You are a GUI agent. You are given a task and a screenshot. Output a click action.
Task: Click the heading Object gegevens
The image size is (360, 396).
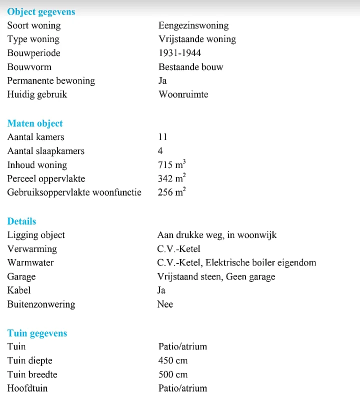(41, 11)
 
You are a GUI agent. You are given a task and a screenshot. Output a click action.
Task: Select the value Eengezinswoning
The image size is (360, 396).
(193, 25)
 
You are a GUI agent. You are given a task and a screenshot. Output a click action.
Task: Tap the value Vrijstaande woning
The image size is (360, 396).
(197, 39)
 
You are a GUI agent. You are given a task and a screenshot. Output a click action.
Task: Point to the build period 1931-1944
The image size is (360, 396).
(179, 53)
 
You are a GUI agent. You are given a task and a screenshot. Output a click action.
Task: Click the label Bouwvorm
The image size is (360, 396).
(29, 67)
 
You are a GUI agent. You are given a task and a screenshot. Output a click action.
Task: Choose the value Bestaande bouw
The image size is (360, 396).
(190, 67)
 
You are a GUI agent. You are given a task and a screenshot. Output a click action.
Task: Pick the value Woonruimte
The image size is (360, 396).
(183, 94)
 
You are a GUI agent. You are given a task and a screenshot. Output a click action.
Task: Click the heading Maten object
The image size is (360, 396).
(35, 123)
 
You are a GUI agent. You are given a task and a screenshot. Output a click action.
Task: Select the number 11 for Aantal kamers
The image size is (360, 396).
(162, 137)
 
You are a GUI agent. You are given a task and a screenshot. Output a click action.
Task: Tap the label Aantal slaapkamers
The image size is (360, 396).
(46, 151)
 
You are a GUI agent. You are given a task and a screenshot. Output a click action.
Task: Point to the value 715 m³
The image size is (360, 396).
(172, 164)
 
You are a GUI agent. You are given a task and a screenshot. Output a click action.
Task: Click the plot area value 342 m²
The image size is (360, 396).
(172, 178)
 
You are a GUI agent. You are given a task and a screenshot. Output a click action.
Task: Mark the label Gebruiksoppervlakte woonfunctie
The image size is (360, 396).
(74, 192)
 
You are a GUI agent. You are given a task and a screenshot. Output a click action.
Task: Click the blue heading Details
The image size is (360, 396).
(21, 221)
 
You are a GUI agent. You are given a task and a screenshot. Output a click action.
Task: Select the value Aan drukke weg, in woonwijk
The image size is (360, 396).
(216, 235)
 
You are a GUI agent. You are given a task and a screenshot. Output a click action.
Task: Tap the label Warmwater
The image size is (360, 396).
(30, 262)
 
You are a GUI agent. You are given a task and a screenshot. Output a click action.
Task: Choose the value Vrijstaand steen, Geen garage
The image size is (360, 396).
(216, 276)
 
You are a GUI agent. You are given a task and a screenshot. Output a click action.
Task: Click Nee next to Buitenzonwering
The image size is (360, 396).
(165, 304)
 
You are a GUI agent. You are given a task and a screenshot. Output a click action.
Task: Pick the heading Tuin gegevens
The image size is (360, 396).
(37, 333)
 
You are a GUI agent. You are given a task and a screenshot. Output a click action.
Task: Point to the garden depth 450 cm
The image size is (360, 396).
(173, 360)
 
